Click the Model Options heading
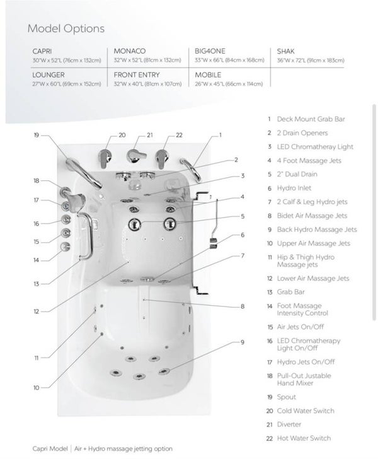66,29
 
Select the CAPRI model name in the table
42,51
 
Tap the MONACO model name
130,51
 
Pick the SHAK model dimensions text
311,61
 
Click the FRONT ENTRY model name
137,75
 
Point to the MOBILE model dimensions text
229,84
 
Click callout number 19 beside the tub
37,135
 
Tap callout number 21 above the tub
150,135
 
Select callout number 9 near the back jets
243,342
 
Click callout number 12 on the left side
37,311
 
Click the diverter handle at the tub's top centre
135,156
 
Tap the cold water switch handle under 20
105,158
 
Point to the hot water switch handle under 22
162,158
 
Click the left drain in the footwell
135,224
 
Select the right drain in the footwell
169,224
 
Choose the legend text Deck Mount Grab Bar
311,119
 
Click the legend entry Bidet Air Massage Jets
312,216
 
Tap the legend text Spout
287,397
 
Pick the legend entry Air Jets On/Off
300,327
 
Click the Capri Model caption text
50,449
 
